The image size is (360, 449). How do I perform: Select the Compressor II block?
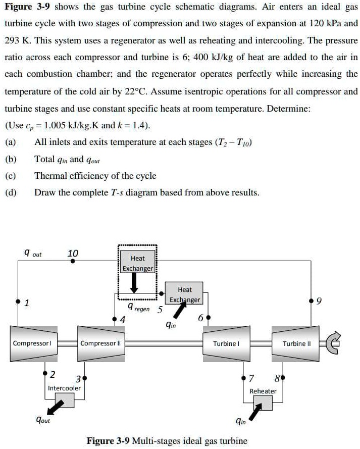pos(98,343)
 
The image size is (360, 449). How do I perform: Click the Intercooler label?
pos(64,388)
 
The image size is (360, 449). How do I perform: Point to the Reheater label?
pos(263,391)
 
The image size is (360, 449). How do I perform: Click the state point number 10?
pos(73,254)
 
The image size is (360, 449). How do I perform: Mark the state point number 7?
pos(251,379)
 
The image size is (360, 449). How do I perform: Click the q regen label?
pos(137,307)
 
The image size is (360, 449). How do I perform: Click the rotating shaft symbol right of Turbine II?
pos(334,343)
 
